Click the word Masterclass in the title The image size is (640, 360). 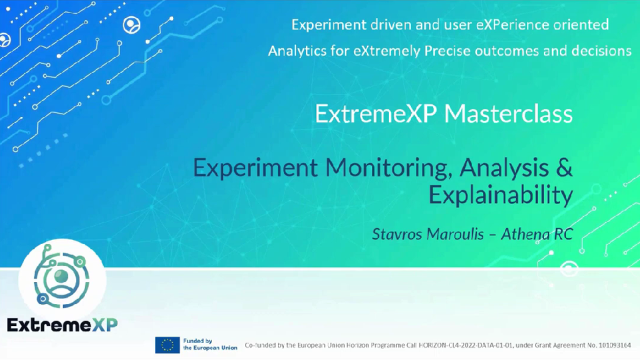point(508,114)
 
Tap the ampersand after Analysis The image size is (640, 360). point(564,168)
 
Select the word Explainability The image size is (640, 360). point(501,195)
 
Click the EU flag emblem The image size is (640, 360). point(167,344)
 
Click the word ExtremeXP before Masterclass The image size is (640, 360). point(377,114)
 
